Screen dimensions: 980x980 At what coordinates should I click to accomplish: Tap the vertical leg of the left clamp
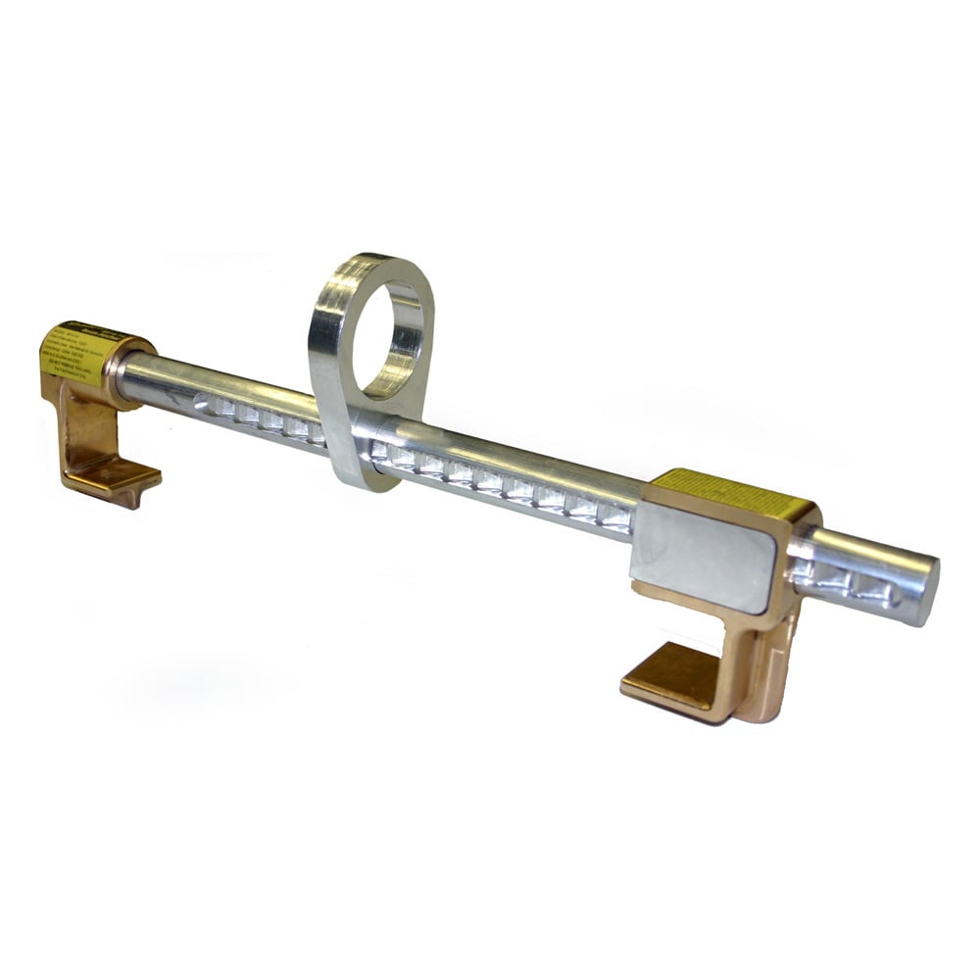click(76, 421)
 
